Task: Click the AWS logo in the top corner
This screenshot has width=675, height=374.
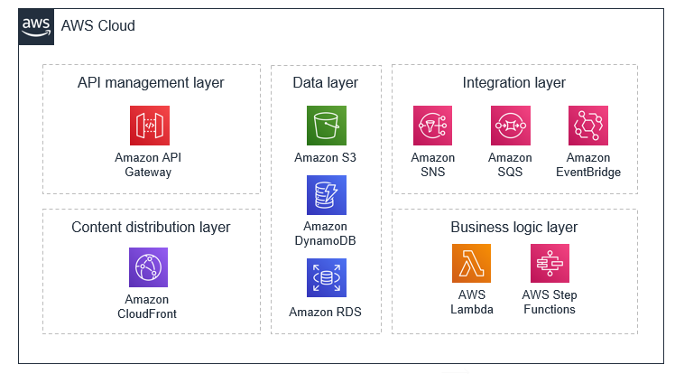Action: [x=36, y=26]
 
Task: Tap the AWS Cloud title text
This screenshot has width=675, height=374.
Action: [x=97, y=26]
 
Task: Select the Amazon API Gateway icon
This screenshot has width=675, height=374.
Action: [x=149, y=126]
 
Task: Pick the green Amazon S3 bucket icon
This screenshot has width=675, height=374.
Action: [x=326, y=126]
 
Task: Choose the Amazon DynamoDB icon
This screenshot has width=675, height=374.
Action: [x=326, y=195]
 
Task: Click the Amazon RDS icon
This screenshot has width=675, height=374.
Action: [x=326, y=278]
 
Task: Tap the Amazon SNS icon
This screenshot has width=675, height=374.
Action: [x=432, y=126]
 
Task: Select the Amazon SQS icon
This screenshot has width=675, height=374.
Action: [x=510, y=126]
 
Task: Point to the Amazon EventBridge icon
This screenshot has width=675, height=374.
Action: [x=587, y=126]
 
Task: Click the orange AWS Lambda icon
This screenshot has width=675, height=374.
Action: [x=471, y=263]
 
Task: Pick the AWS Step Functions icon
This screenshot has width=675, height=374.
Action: [x=550, y=263]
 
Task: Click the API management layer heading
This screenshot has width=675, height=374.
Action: [x=151, y=83]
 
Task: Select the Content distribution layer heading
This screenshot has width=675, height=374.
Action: [x=151, y=227]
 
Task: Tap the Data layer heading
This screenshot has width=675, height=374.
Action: [x=325, y=83]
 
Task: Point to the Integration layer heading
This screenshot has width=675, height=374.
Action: [x=513, y=83]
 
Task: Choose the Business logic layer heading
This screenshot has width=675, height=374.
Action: [x=513, y=227]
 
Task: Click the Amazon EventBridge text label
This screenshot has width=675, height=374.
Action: [x=587, y=165]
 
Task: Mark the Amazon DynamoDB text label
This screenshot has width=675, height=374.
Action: [x=326, y=233]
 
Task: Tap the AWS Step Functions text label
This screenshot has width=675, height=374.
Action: [x=550, y=303]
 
